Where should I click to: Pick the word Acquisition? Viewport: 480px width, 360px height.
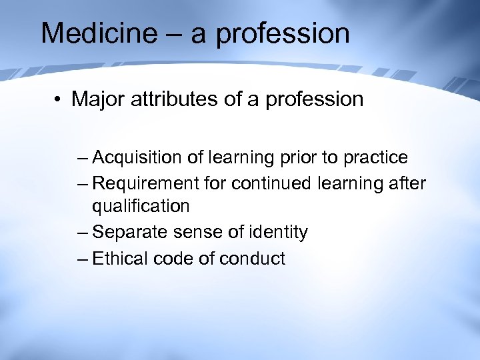pos(137,158)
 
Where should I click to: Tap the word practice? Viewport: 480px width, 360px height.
pos(374,158)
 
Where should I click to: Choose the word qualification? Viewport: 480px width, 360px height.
pos(141,207)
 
